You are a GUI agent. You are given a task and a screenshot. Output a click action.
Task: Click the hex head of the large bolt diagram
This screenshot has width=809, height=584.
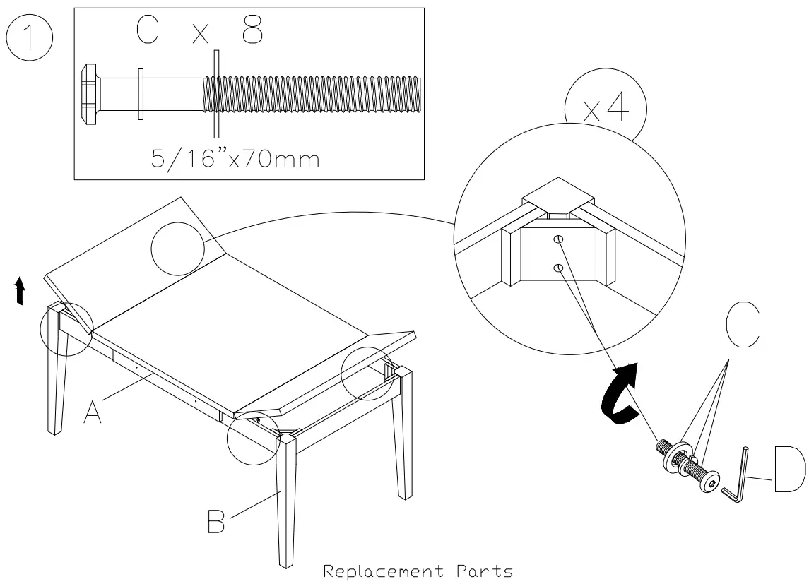[x=90, y=94]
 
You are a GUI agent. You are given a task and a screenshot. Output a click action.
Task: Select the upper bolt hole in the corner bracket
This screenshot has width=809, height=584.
[x=557, y=240]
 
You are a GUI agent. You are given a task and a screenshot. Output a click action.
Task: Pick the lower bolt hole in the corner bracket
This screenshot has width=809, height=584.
[x=557, y=267]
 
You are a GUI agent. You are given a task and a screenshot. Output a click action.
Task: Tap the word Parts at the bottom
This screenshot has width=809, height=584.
[x=487, y=571]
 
